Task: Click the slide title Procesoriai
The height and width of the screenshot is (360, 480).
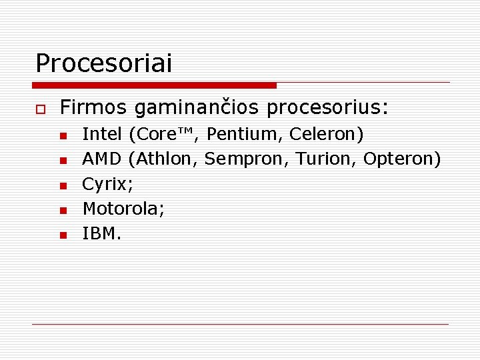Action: [x=103, y=64]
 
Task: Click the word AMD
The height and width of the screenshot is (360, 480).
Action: [x=102, y=159]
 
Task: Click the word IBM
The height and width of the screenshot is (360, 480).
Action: [x=100, y=233]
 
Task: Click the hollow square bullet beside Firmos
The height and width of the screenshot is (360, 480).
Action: [x=40, y=108]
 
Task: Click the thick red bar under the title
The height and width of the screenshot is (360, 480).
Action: [x=154, y=85]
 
